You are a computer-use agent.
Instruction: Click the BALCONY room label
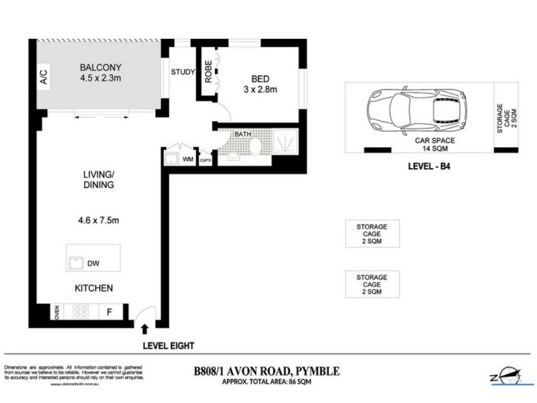101,67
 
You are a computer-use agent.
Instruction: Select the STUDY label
183,73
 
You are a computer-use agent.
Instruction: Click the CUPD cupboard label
206,160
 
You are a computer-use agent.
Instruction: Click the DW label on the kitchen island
103,264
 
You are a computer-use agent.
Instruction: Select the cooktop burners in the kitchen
82,312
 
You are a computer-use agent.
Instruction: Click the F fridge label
109,312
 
